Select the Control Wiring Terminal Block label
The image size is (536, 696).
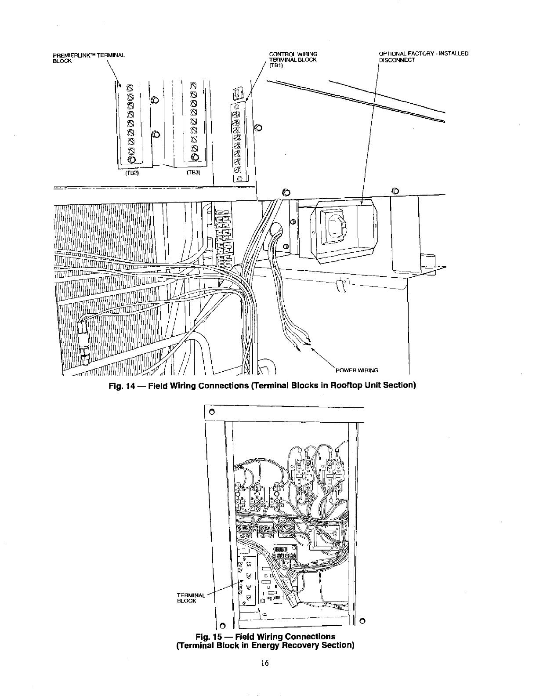click(x=293, y=57)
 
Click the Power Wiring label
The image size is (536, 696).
click(x=357, y=370)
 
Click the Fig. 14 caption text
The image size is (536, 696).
click(x=262, y=386)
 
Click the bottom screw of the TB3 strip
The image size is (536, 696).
click(x=194, y=157)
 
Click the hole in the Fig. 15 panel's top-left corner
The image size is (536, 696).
click(x=211, y=412)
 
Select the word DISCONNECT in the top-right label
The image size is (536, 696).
click(x=397, y=60)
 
